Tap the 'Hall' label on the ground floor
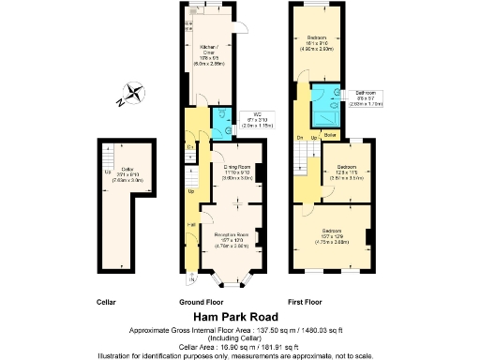tap(191, 225)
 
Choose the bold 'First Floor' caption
tap(305, 303)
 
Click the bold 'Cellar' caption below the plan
tap(106, 303)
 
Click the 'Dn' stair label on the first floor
tap(300, 137)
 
